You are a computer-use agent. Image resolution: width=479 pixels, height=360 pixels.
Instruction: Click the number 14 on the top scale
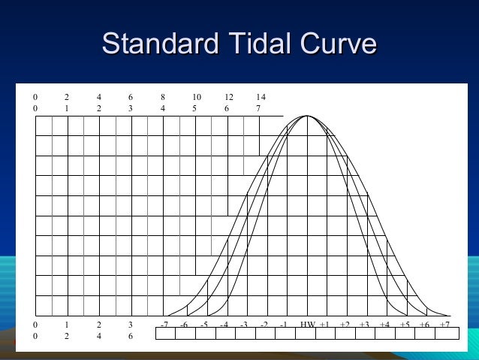(260, 97)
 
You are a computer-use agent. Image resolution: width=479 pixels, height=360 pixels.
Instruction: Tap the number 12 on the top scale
(228, 97)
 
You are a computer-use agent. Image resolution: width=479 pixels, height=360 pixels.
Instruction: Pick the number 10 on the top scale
(196, 97)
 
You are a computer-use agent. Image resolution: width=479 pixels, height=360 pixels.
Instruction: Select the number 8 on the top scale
(163, 97)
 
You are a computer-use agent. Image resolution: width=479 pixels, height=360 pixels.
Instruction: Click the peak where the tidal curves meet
(307, 116)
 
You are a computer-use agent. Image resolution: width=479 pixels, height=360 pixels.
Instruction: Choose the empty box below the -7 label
(164, 334)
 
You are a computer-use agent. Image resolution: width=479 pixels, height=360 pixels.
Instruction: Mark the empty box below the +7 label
(447, 334)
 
